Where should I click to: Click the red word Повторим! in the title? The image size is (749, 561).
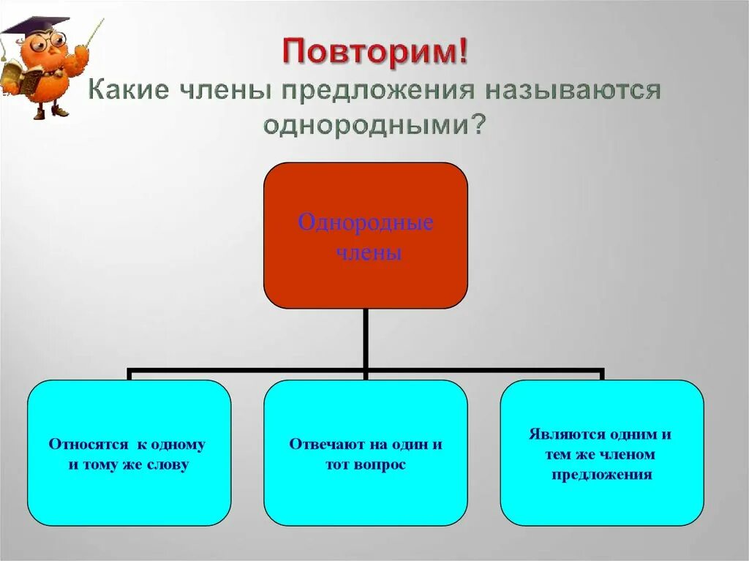click(x=374, y=53)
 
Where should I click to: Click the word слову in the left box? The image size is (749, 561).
click(x=168, y=464)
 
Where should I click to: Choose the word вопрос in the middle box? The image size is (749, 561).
click(x=380, y=464)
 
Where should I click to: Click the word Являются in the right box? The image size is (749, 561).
click(x=560, y=434)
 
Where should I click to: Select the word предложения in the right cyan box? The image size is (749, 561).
click(x=602, y=475)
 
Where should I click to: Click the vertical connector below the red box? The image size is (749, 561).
click(x=365, y=338)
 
